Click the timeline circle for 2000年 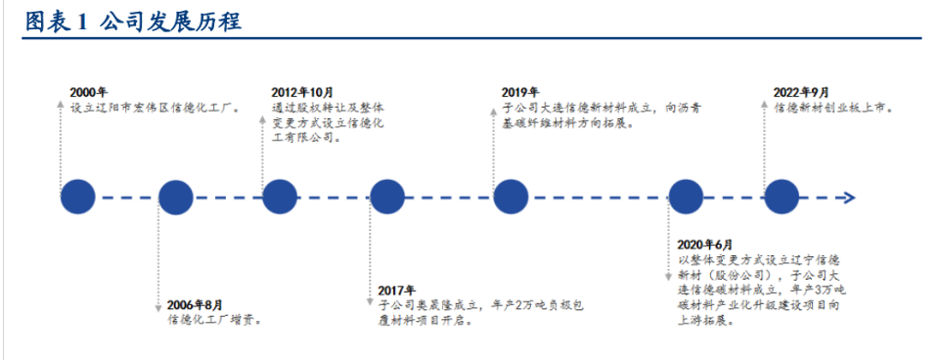pyautogui.click(x=77, y=198)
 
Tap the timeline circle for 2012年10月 pyautogui.click(x=279, y=198)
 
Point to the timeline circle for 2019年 pyautogui.click(x=511, y=198)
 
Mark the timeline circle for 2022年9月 pyautogui.click(x=782, y=198)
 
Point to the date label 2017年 pyautogui.click(x=397, y=291)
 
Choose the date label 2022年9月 pyautogui.click(x=801, y=94)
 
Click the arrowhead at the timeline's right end pyautogui.click(x=850, y=198)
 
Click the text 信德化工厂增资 pyautogui.click(x=213, y=320)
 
